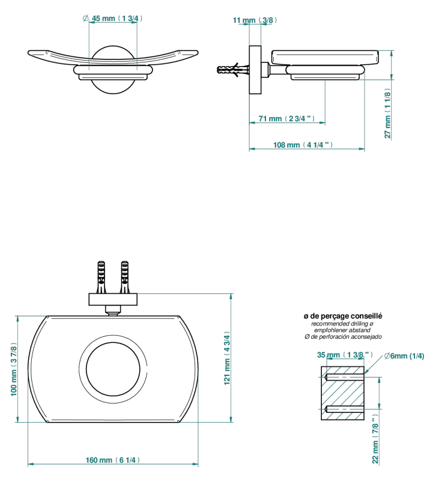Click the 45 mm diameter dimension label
pos(112,19)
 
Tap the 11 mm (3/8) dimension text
pos(255,20)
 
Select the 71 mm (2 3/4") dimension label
pos(286,119)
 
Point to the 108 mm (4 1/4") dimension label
pos(303,145)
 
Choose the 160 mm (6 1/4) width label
pos(113,460)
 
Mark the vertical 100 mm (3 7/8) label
pos(14,369)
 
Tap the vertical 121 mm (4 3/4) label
pos(227,358)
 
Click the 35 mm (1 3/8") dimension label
pos(345,355)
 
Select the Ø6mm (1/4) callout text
pos(404,356)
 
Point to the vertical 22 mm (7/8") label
pos(375,439)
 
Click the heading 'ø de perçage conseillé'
pos(343,316)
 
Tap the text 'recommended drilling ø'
pos(342,324)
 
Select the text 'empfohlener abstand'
pos(342,330)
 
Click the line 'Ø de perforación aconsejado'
pos(343,337)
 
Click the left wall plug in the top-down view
pos(101,277)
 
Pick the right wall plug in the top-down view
pos(124,277)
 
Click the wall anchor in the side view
pos(233,70)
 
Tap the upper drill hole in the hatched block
pos(344,377)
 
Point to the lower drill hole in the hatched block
pos(344,409)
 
